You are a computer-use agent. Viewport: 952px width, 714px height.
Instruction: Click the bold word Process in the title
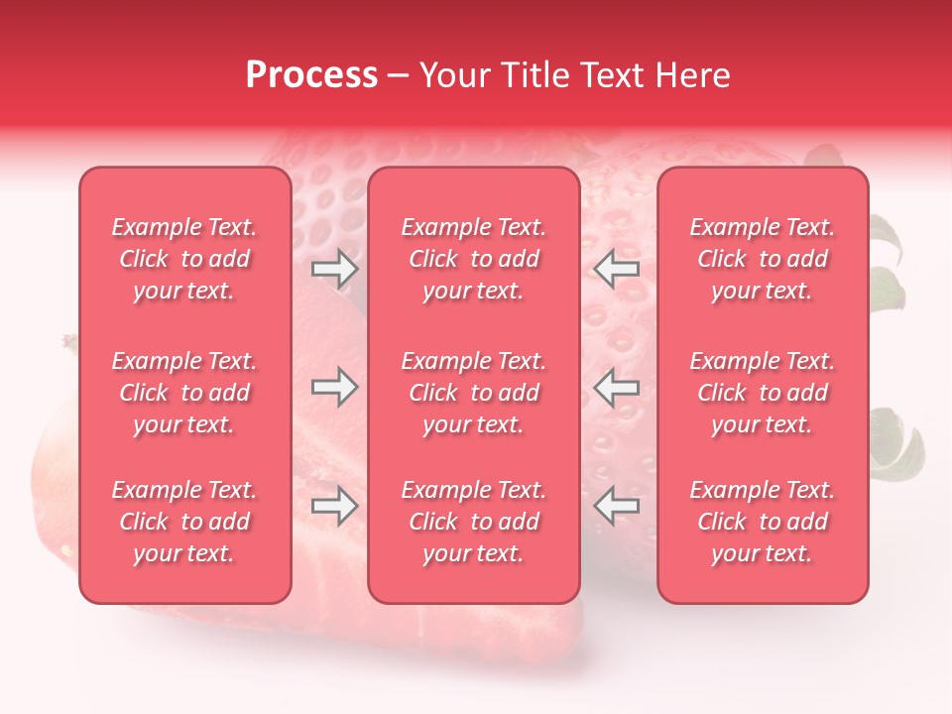click(311, 75)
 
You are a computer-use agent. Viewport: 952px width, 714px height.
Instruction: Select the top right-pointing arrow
click(334, 269)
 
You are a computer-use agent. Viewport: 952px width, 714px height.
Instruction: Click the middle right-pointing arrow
click(334, 388)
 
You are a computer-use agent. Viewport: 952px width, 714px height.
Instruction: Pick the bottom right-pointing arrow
click(334, 507)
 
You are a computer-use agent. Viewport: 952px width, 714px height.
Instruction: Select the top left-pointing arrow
click(617, 269)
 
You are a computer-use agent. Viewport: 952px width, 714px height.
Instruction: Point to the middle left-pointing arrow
click(617, 388)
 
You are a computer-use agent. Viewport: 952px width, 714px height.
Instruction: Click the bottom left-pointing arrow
click(617, 507)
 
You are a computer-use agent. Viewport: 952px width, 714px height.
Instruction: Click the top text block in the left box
click(184, 259)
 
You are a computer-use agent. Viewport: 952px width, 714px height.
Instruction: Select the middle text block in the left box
click(184, 393)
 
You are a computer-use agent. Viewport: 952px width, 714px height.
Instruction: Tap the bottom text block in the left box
click(184, 522)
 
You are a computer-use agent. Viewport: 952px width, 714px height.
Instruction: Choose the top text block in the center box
click(474, 259)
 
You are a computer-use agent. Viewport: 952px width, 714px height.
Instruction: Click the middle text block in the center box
click(474, 393)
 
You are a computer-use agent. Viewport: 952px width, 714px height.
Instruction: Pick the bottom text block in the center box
click(474, 522)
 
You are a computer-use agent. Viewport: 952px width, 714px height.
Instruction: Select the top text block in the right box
click(763, 259)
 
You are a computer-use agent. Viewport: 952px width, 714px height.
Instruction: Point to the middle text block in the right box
click(763, 393)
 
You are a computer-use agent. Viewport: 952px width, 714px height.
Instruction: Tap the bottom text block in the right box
click(763, 522)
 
